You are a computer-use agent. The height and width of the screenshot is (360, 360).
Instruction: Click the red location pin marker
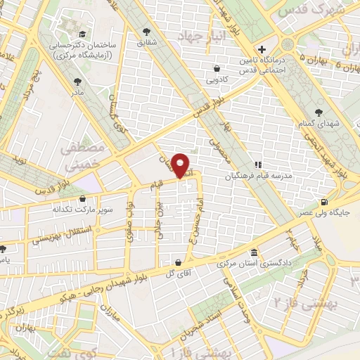(x=181, y=165)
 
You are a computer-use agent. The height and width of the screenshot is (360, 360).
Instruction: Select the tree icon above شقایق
(x=146, y=32)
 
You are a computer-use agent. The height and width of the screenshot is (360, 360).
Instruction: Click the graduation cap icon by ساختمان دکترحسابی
(x=82, y=33)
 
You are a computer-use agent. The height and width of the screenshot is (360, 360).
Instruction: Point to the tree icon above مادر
(x=76, y=82)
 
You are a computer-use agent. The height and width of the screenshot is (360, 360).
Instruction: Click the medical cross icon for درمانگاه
(x=262, y=50)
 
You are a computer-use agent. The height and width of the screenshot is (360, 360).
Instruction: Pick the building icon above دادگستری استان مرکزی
(x=254, y=253)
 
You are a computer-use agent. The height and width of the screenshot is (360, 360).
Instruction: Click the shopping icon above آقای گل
(x=178, y=263)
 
